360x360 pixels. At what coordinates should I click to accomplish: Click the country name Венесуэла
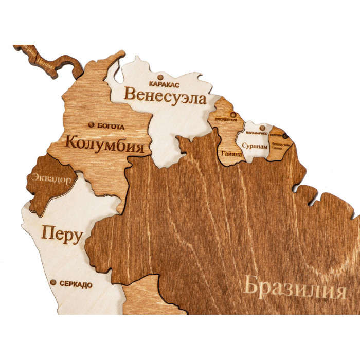pos(165,96)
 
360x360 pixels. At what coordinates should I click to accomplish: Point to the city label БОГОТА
pos(111,125)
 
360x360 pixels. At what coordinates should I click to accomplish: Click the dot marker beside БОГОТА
pos(92,124)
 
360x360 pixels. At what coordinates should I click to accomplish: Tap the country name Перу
pos(62,236)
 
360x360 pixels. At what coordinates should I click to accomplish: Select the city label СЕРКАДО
pos(76,284)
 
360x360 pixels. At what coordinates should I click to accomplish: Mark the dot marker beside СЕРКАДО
pos(53,282)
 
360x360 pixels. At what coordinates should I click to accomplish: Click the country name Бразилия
pos(294,287)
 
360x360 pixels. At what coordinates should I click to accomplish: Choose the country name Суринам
pos(255,147)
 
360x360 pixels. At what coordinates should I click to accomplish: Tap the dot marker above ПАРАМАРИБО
pos(262,127)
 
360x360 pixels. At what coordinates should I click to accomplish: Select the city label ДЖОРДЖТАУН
pos(226,121)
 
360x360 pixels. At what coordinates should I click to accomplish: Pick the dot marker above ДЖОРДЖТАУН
pos(233,115)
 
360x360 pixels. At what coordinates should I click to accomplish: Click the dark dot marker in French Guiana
pos(285,136)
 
